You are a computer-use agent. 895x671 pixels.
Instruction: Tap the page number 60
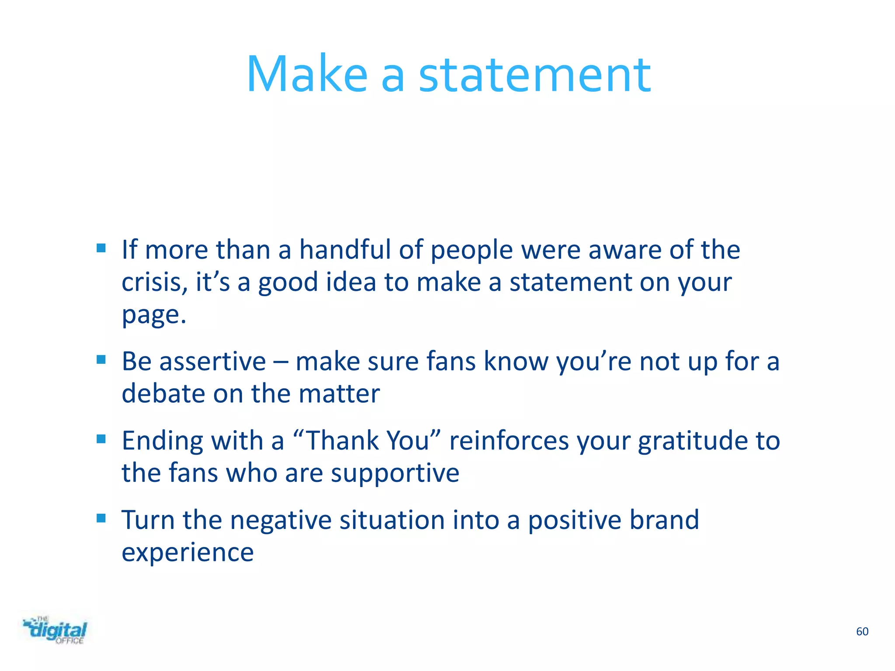click(x=862, y=631)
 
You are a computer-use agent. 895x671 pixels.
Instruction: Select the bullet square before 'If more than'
click(x=101, y=249)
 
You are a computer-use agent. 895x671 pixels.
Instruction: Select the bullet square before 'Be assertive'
click(x=101, y=360)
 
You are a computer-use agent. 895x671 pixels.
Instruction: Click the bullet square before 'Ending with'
click(x=101, y=439)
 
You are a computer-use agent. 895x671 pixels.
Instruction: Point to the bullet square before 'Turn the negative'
click(x=101, y=518)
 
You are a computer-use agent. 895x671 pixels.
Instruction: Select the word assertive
click(x=212, y=362)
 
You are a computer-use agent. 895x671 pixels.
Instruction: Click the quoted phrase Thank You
click(x=367, y=440)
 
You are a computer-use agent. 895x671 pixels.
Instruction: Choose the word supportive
click(x=395, y=474)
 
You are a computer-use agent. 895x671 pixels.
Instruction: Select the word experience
click(x=187, y=553)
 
